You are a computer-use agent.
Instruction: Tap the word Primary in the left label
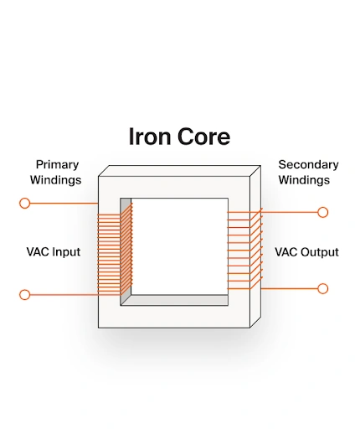pyautogui.click(x=57, y=165)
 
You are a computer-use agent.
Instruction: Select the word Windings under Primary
pyautogui.click(x=57, y=180)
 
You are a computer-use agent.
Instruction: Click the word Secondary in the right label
pyautogui.click(x=308, y=165)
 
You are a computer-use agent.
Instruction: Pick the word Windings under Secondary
pyautogui.click(x=305, y=180)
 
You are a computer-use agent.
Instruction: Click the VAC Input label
pyautogui.click(x=54, y=251)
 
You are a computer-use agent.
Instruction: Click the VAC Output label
pyautogui.click(x=306, y=251)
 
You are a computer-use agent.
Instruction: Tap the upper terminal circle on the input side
pyautogui.click(x=25, y=203)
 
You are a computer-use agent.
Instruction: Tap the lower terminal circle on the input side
pyautogui.click(x=25, y=294)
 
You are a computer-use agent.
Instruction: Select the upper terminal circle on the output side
pyautogui.click(x=322, y=212)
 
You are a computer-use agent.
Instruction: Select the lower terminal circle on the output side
pyautogui.click(x=322, y=288)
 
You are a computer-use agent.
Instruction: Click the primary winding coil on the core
pyautogui.click(x=114, y=251)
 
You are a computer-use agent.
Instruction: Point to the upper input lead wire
pyautogui.click(x=63, y=203)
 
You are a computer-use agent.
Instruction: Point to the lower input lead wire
pyautogui.click(x=63, y=294)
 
